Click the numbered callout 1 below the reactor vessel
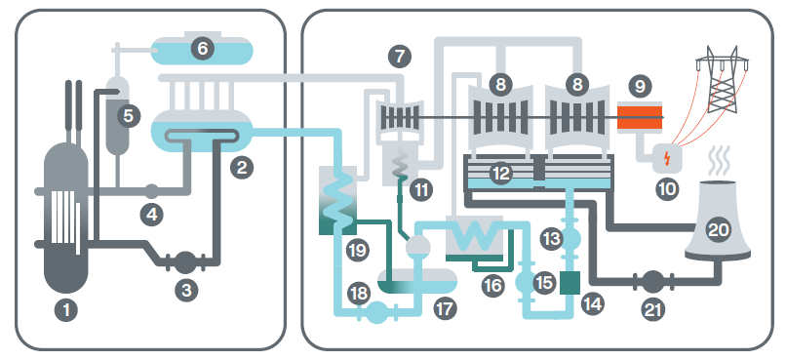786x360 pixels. tap(66, 312)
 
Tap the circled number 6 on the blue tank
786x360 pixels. tap(202, 47)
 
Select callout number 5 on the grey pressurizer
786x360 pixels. tap(127, 115)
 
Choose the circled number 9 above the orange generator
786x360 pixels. tap(641, 87)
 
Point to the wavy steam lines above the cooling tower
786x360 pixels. tap(717, 157)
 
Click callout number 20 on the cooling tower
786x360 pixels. tap(717, 231)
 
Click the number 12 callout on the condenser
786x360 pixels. tap(500, 174)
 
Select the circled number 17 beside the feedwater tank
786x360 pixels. tap(446, 309)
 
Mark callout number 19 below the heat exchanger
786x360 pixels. tap(357, 251)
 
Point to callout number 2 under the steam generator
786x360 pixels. tap(242, 167)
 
